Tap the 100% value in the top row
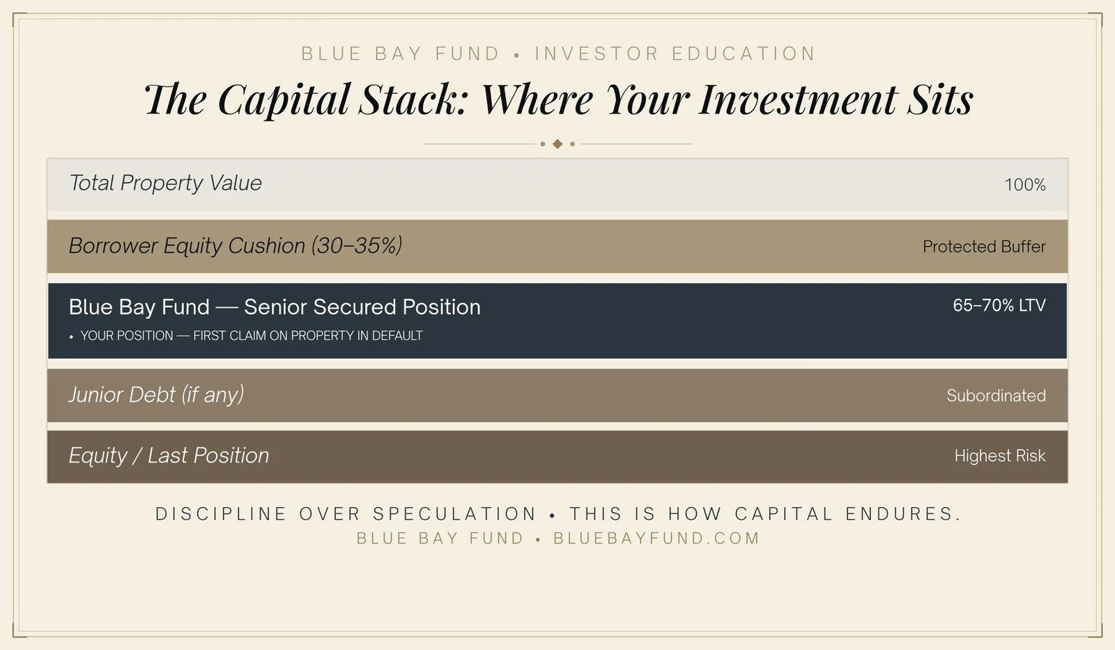pos(1024,185)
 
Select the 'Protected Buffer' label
pos(983,247)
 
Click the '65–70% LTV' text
pos(999,305)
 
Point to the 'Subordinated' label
pos(995,396)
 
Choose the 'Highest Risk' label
pos(999,456)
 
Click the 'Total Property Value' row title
pos(165,183)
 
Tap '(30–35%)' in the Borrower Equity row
pos(356,245)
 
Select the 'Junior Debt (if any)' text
pos(156,395)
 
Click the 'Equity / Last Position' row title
pos(169,456)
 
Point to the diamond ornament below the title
pos(557,144)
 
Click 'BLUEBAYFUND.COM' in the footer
pos(656,539)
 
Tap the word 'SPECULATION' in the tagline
pos(454,514)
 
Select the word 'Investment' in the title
pos(798,99)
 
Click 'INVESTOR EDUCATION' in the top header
pos(675,54)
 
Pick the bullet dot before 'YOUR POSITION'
pos(71,337)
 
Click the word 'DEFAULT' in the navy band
pos(397,336)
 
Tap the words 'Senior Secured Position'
pos(362,307)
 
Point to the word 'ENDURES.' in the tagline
pos(903,514)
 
